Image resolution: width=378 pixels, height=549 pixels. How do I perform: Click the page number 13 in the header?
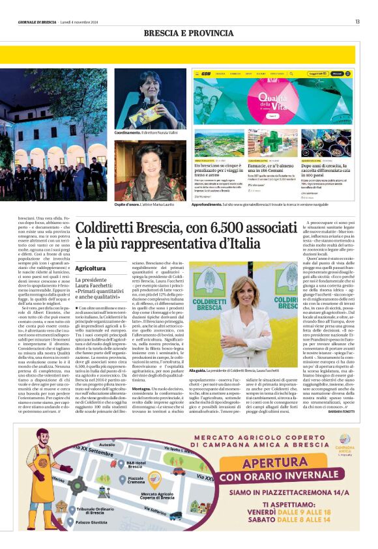(357, 21)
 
